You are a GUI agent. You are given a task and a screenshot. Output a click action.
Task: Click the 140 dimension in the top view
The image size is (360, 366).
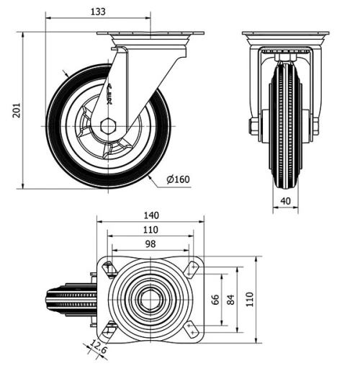point(150,215)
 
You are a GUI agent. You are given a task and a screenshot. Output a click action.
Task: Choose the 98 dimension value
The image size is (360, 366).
point(150,244)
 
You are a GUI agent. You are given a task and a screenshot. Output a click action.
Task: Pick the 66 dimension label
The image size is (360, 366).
point(215,299)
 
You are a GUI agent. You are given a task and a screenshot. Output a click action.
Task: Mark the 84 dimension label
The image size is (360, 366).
point(231,299)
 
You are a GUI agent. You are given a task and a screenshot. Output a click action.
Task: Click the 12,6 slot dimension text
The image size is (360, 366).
point(99,350)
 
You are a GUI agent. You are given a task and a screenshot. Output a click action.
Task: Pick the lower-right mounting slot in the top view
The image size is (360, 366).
point(192,330)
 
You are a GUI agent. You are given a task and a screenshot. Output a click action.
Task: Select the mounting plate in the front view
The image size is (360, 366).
point(285,36)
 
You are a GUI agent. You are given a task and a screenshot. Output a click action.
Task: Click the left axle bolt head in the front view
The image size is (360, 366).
point(254,127)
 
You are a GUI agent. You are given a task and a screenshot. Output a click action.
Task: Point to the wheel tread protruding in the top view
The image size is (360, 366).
point(68,299)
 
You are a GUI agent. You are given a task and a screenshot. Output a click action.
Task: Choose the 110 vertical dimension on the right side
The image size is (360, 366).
point(248,299)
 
